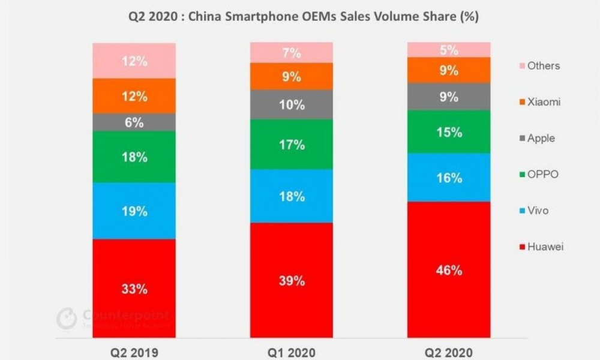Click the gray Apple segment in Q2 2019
coord(134,122)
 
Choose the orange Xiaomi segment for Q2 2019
coord(134,96)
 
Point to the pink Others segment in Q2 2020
coord(449,50)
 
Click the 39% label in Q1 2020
coord(292,281)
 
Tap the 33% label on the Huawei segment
coord(134,289)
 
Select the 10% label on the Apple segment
coord(292,105)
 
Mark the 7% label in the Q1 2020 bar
coord(292,53)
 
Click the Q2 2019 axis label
coord(134,352)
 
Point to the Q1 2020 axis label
coord(292,352)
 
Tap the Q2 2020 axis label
coord(449,352)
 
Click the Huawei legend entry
coord(541,247)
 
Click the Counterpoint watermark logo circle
coord(67,319)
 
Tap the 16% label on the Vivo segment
coord(449,178)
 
